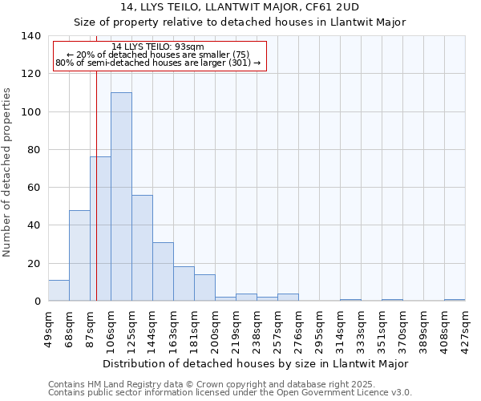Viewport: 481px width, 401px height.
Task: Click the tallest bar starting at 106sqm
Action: click(121, 196)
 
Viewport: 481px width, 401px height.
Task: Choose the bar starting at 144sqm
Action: click(163, 271)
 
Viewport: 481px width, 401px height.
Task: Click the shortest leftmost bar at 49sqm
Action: click(59, 290)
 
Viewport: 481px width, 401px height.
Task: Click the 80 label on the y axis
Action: click(34, 150)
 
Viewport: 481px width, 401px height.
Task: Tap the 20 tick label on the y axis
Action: click(34, 264)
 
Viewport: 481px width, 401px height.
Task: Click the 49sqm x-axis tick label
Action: click(48, 329)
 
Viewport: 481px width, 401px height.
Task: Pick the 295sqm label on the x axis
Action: click(319, 329)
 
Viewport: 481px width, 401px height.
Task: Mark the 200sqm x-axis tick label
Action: click(215, 329)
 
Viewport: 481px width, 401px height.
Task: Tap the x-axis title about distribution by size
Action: click(256, 363)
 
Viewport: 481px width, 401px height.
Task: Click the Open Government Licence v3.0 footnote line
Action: click(230, 392)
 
